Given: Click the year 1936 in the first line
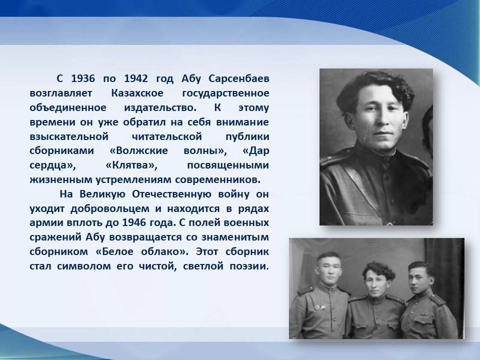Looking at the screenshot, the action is [83, 78].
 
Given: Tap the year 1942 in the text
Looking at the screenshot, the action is [136, 78].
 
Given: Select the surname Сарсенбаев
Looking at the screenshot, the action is [239, 78].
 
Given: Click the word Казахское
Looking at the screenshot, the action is [137, 93].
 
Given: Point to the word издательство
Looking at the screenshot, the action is [160, 108].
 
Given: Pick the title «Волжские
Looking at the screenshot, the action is [138, 151].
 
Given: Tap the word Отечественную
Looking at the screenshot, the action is [171, 194].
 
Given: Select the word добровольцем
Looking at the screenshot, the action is [110, 209].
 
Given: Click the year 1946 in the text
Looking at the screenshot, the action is [134, 222].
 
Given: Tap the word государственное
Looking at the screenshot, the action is [225, 93].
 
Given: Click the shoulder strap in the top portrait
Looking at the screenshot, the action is [335, 156].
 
